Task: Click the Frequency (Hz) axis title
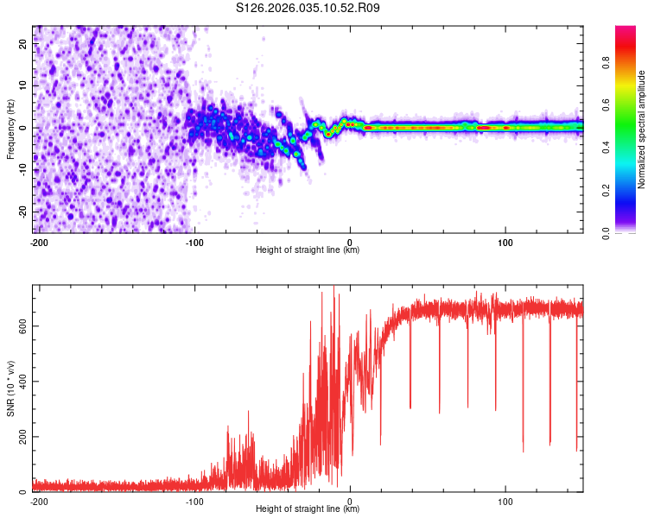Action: (x=10, y=129)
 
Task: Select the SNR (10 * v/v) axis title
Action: (x=10, y=388)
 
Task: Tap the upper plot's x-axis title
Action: (x=308, y=250)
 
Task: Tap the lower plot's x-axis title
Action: (x=308, y=509)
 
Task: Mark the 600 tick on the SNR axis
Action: (x=20, y=325)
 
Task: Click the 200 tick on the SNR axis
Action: (x=20, y=437)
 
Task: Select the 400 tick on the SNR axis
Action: (x=20, y=381)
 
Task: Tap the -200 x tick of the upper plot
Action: (x=38, y=241)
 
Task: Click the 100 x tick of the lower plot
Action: (x=505, y=500)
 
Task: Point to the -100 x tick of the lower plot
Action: (x=194, y=500)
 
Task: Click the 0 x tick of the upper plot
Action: (x=350, y=241)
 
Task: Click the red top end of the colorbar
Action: (x=626, y=30)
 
